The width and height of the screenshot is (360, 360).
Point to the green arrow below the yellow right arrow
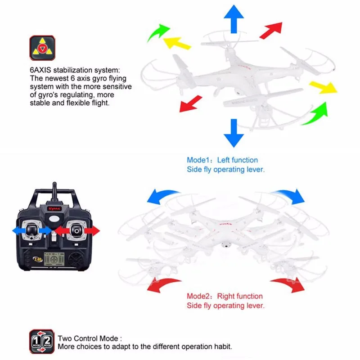pyautogui.click(x=315, y=113)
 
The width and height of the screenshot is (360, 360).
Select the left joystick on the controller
pyautogui.click(x=31, y=229)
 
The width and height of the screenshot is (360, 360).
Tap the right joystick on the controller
pyautogui.click(x=77, y=230)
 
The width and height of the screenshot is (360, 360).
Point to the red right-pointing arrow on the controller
pyautogui.click(x=92, y=230)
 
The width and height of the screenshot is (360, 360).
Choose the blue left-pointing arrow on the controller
pyautogui.click(x=18, y=230)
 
